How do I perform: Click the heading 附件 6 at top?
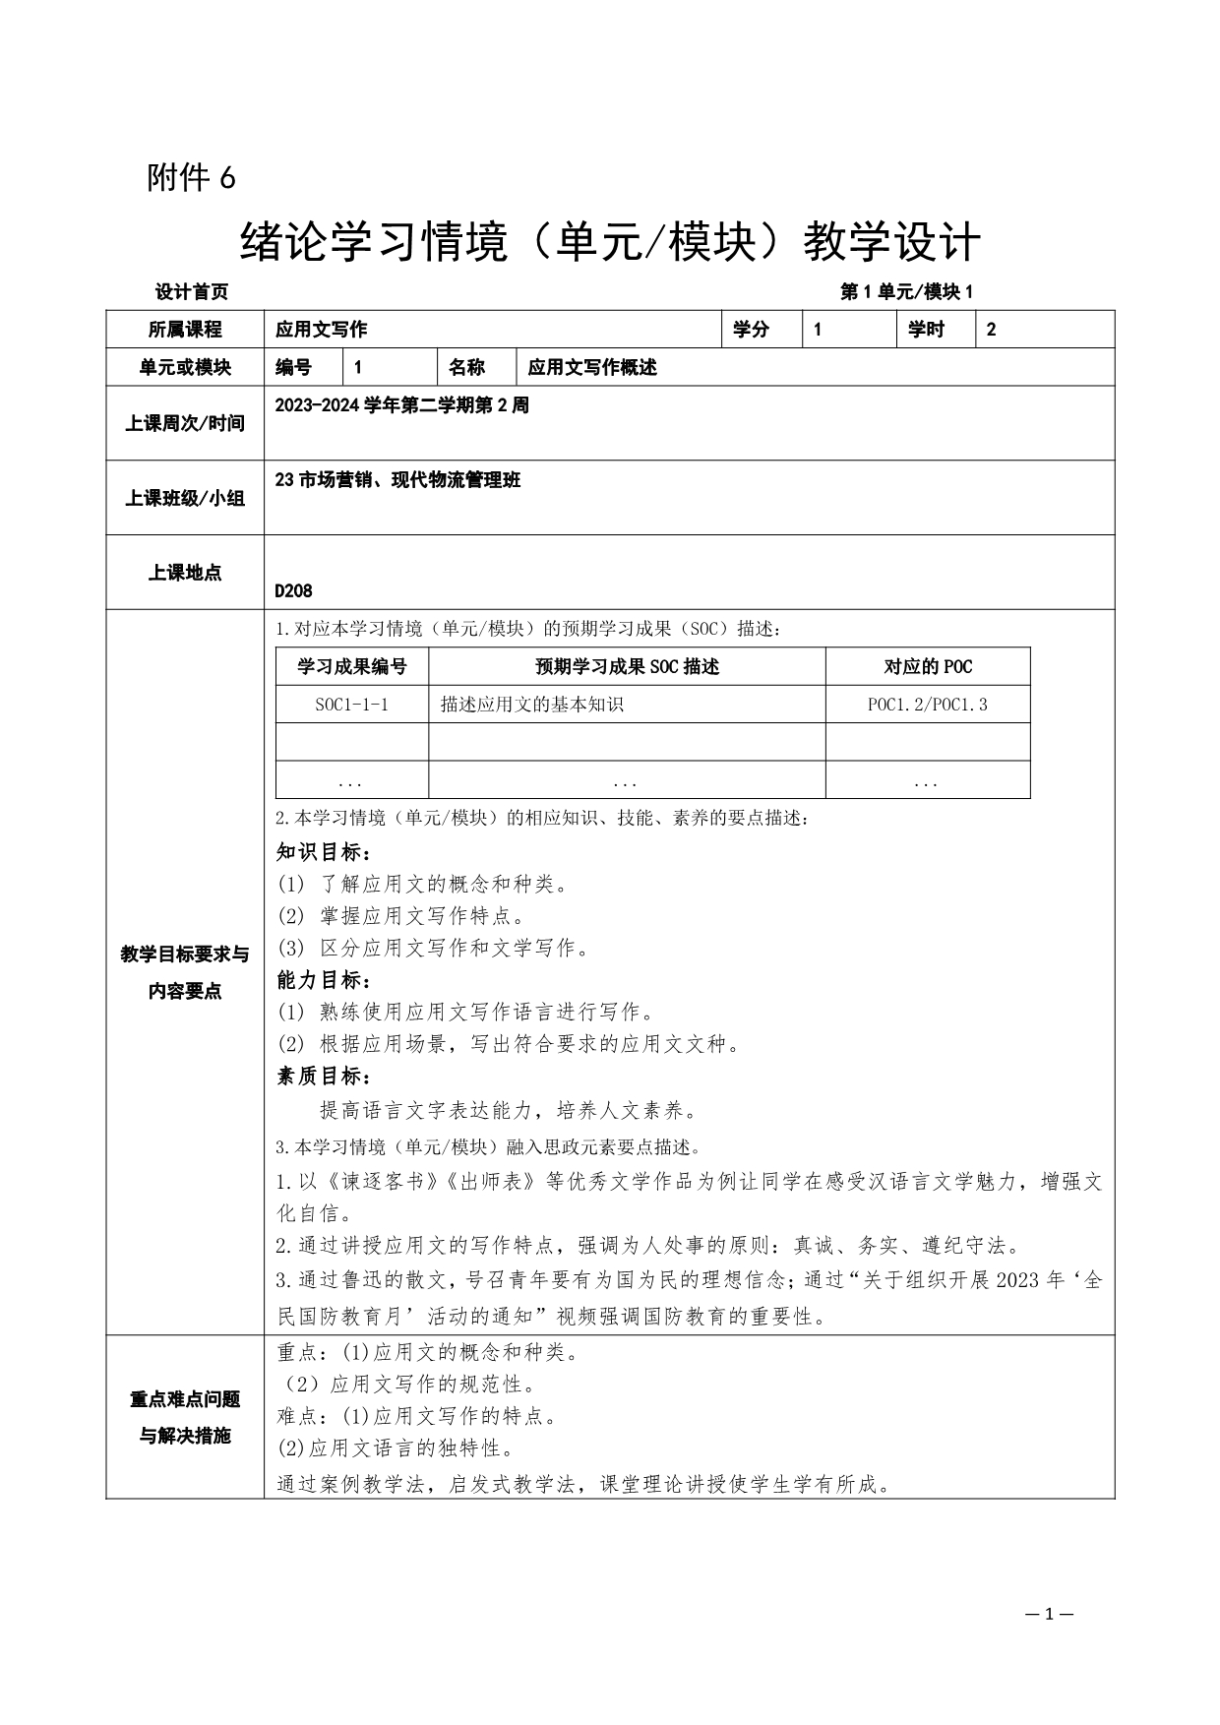click(191, 178)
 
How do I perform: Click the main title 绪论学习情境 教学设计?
click(610, 242)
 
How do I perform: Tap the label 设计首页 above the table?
click(192, 292)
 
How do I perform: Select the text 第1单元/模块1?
click(906, 292)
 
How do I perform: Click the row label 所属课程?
click(185, 330)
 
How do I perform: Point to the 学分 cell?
click(752, 330)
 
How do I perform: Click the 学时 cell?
click(926, 330)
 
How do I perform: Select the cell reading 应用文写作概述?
click(592, 368)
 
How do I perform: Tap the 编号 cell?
click(293, 368)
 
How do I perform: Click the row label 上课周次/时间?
click(185, 423)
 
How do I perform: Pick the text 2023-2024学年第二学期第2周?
click(401, 405)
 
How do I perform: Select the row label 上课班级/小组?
click(185, 498)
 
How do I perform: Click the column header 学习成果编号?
click(352, 666)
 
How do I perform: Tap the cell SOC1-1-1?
click(352, 705)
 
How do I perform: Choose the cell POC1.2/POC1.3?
click(927, 705)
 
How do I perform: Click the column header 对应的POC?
click(927, 666)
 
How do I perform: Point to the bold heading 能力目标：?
click(324, 980)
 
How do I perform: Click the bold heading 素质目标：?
click(324, 1076)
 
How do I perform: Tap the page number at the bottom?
click(1048, 1614)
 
